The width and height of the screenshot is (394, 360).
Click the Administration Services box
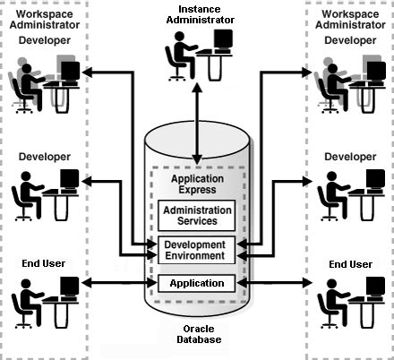coord(196,215)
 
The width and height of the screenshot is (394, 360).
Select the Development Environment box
coord(196,250)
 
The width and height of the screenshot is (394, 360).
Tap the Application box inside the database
coord(196,284)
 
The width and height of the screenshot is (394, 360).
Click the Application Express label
coord(196,185)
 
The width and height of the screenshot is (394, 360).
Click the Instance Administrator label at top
coord(197,13)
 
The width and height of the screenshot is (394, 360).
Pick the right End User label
coord(350,264)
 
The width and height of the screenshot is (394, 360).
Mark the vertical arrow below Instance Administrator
coord(196,103)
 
